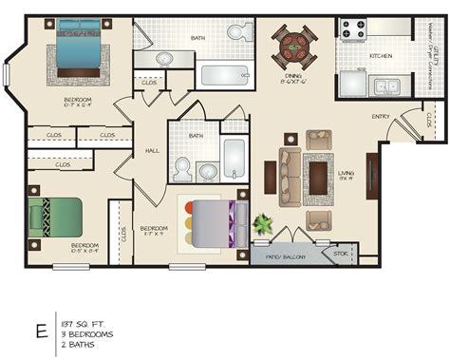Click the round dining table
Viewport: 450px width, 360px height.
[293, 44]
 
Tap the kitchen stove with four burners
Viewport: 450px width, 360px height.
[354, 29]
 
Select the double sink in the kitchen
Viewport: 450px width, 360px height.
[385, 87]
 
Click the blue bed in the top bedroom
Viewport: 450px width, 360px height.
[78, 52]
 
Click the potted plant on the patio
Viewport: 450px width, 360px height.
[262, 226]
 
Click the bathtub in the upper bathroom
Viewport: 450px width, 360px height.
[225, 75]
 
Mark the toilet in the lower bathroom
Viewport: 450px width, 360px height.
[183, 169]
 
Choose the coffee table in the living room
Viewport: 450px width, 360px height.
[318, 176]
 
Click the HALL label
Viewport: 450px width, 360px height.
[152, 150]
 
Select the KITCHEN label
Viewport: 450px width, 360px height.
[381, 56]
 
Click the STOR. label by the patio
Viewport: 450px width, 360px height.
[341, 254]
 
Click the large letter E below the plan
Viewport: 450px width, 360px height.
[41, 331]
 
